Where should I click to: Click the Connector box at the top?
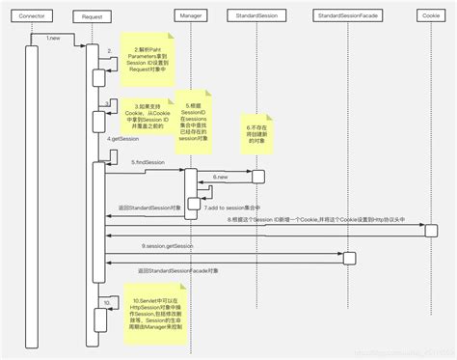coord(31,16)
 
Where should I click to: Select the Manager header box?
coord(191,16)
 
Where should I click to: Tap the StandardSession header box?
coord(257,16)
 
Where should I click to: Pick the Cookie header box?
coord(431,16)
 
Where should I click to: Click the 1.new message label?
coord(54,38)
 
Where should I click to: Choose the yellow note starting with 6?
coord(258,137)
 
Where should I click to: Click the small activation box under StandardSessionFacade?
coord(350,257)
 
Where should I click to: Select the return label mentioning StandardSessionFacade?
coord(180,271)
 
